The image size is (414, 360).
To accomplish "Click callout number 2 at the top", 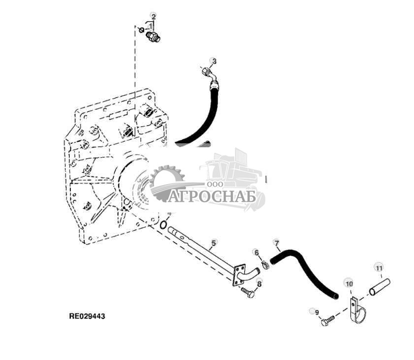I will pyautogui.click(x=153, y=16).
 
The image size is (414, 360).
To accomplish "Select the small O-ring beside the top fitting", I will pyautogui.click(x=142, y=31).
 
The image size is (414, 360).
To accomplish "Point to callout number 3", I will pyautogui.click(x=213, y=61).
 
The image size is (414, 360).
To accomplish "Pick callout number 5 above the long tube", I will pyautogui.click(x=213, y=243).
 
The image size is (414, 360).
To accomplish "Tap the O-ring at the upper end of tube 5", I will pyautogui.click(x=162, y=225).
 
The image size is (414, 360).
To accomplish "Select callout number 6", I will pyautogui.click(x=256, y=253).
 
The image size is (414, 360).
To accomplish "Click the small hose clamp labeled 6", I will pyautogui.click(x=265, y=265).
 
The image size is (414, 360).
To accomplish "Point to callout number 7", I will pyautogui.click(x=277, y=243).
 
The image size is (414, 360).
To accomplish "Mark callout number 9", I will pyautogui.click(x=317, y=312).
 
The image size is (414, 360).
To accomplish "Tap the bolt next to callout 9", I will pyautogui.click(x=327, y=321).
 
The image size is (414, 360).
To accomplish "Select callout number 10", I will pyautogui.click(x=349, y=284).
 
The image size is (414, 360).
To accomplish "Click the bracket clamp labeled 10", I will pyautogui.click(x=356, y=310).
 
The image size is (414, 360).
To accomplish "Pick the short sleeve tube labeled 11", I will pyautogui.click(x=380, y=287).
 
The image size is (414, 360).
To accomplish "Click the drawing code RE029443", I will pyautogui.click(x=87, y=316).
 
